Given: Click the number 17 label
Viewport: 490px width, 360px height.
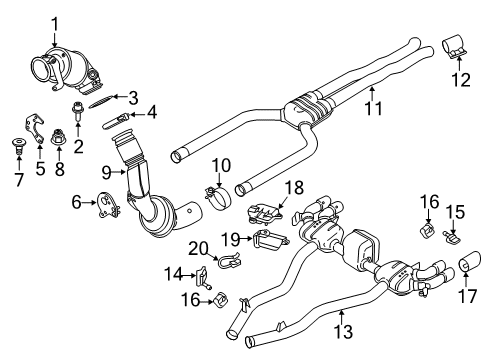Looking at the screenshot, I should point(466,296).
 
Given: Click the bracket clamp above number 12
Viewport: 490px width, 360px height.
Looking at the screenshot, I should point(455,45).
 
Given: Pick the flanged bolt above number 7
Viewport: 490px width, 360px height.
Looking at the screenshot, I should point(15,141).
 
